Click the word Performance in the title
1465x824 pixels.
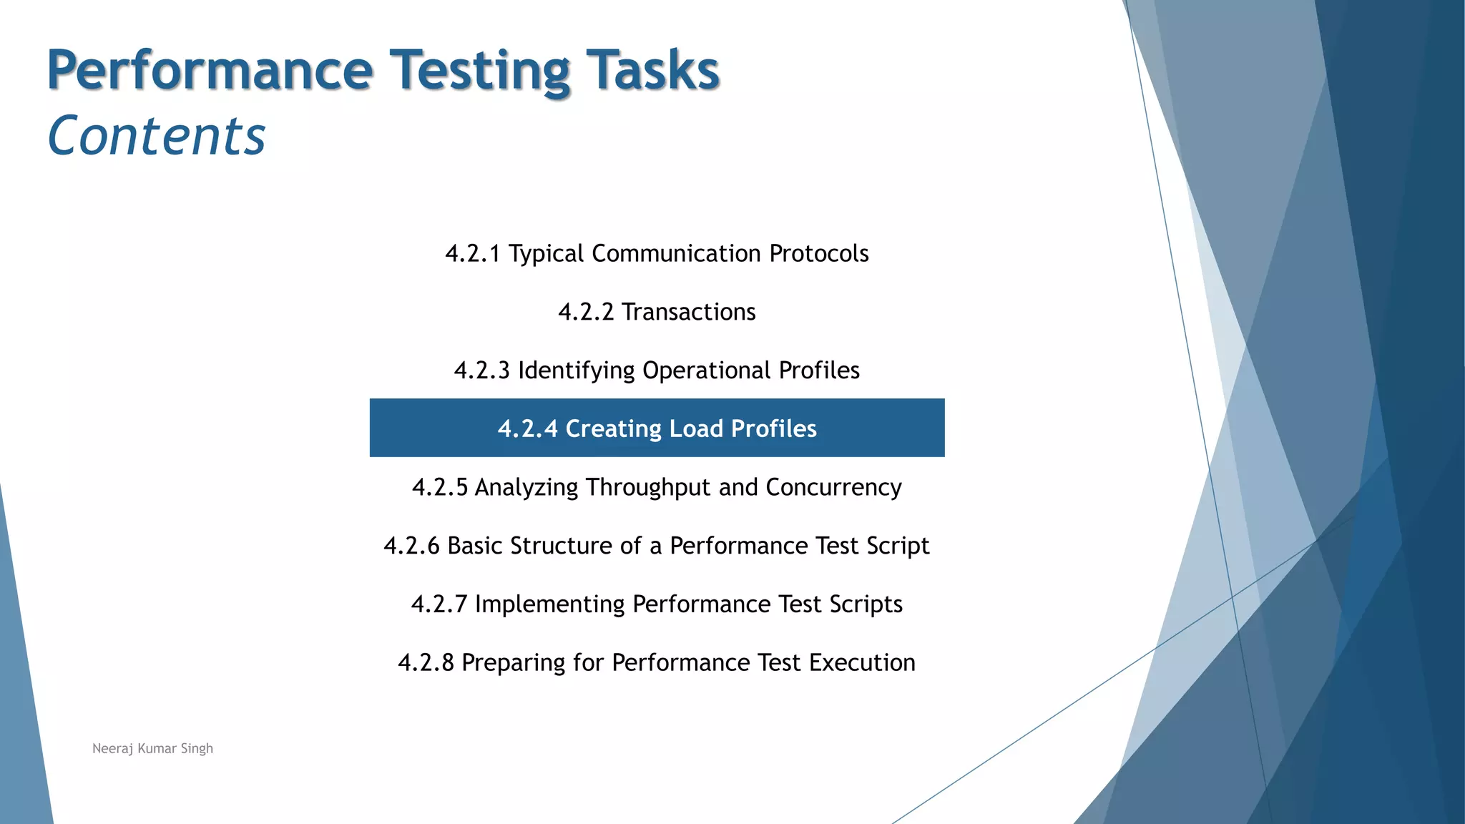click(x=210, y=70)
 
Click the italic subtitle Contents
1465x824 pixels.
click(x=156, y=136)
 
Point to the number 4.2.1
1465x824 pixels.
click(x=472, y=254)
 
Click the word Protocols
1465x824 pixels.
click(x=818, y=254)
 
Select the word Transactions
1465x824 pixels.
click(x=688, y=313)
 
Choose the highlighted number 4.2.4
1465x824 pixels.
click(x=527, y=429)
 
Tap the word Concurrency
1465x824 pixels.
click(x=833, y=488)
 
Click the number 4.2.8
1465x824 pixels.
click(x=426, y=663)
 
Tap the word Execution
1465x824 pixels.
click(x=862, y=663)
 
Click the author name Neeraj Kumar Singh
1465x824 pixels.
click(x=152, y=749)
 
